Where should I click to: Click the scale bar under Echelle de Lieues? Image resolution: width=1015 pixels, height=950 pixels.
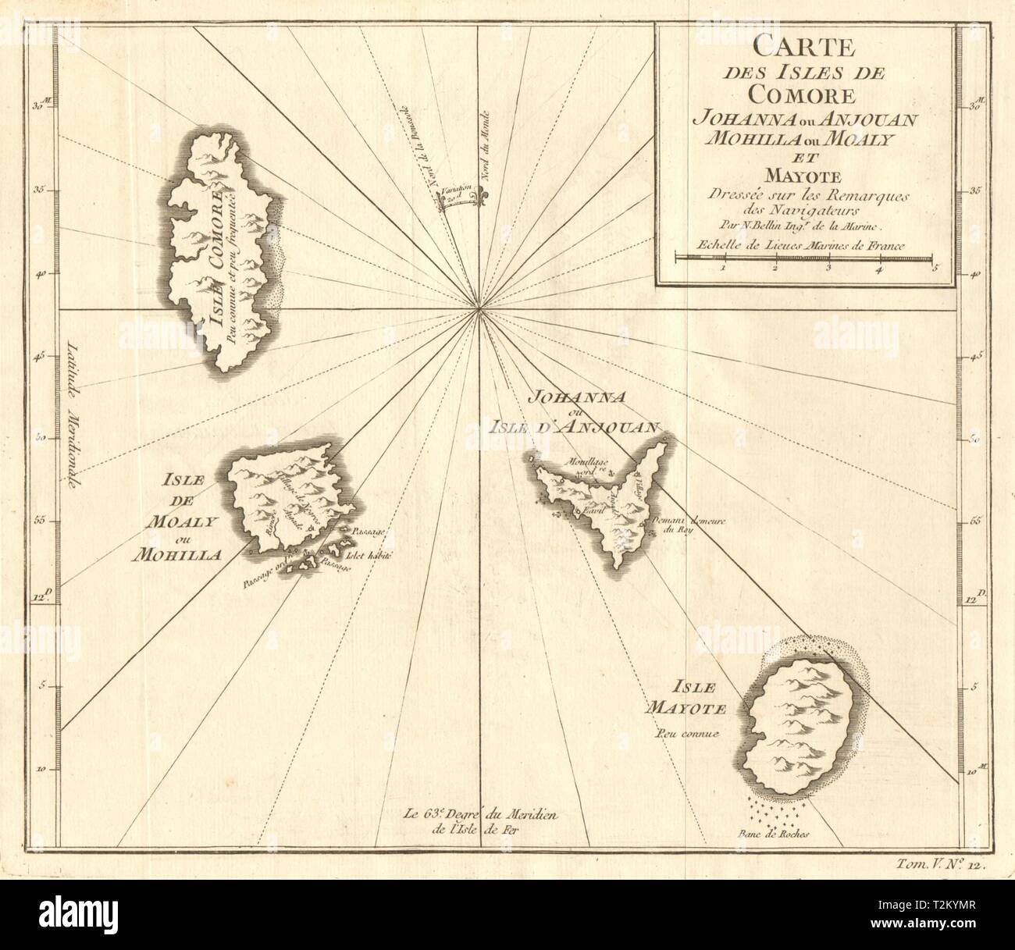click(803, 256)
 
